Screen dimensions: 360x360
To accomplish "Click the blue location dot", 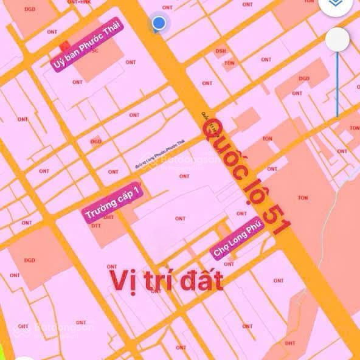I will coord(159,23).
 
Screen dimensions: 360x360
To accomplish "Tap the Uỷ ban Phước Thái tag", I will coord(88,46).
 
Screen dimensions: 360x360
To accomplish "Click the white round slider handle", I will coord(337,40).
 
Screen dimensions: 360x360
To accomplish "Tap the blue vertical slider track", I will coord(337,85).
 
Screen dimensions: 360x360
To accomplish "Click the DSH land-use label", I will coord(221,51).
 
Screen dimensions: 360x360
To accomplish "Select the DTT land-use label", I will coord(96,226).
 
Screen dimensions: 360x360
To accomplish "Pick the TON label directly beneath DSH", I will coord(229,63).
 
